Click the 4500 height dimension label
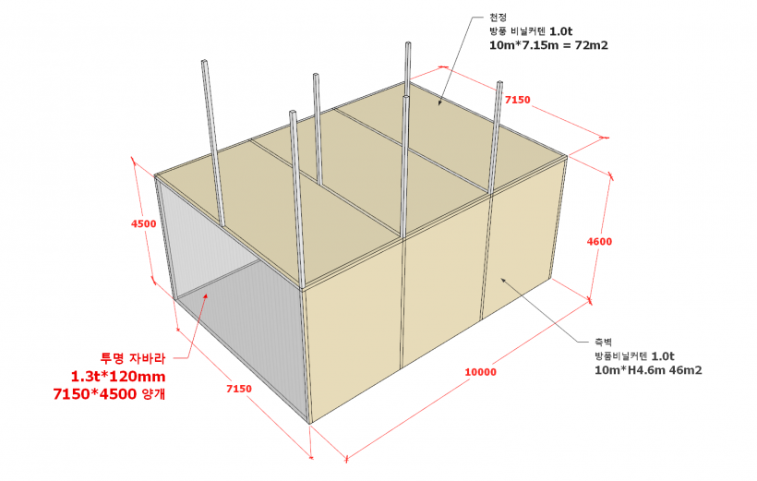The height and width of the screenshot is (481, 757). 143,224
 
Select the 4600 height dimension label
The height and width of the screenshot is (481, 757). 599,242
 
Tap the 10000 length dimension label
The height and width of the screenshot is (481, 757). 480,372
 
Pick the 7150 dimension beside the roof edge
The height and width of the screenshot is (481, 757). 518,100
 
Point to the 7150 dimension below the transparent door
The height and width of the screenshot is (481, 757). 239,389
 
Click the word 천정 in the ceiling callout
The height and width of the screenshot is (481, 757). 499,18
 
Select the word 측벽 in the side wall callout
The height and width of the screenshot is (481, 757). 604,342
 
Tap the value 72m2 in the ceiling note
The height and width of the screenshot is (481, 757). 592,45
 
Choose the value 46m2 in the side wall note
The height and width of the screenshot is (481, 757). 686,370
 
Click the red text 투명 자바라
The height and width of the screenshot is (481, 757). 133,358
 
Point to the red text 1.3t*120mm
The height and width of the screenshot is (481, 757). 118,376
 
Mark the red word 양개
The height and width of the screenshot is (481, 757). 154,394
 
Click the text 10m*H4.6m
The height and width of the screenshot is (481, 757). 630,370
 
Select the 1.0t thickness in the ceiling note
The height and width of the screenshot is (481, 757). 561,31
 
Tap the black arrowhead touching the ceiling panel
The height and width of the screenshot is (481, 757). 439,102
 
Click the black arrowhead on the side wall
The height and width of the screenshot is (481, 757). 503,280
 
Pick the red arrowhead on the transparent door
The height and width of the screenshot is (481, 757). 206,296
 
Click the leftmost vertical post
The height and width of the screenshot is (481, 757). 213,143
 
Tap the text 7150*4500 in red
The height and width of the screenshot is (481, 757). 95,394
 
